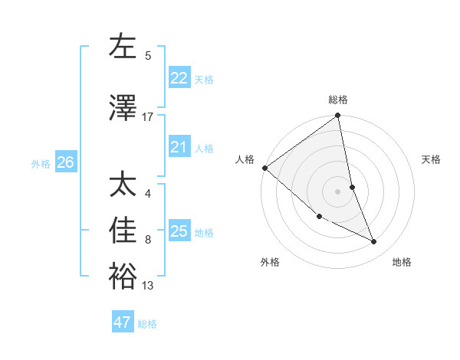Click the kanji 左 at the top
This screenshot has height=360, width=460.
pyautogui.click(x=123, y=47)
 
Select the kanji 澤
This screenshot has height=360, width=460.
pyautogui.click(x=123, y=109)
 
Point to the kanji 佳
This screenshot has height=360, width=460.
pyautogui.click(x=123, y=231)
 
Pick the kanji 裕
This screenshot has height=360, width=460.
pyautogui.click(x=123, y=277)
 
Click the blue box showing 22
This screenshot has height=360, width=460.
pyautogui.click(x=179, y=78)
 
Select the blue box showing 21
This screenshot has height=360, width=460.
pyautogui.click(x=179, y=147)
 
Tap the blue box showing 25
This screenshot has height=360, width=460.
pyautogui.click(x=179, y=231)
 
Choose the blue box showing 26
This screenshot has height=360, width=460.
pyautogui.click(x=65, y=162)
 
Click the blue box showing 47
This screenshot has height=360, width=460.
pyautogui.click(x=123, y=322)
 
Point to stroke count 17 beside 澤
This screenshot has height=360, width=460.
pyautogui.click(x=147, y=117)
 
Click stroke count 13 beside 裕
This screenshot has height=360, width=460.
pyautogui.click(x=147, y=286)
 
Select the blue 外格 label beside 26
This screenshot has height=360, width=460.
pyautogui.click(x=41, y=163)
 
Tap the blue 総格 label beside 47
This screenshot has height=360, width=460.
pyautogui.click(x=147, y=324)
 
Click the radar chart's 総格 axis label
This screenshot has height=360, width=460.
pyautogui.click(x=338, y=100)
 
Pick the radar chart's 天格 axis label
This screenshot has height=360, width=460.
pyautogui.click(x=432, y=159)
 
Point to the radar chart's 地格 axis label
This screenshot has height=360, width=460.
pyautogui.click(x=402, y=262)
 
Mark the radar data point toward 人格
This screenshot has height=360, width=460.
pyautogui.click(x=264, y=168)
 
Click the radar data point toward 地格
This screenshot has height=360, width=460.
pyautogui.click(x=374, y=241)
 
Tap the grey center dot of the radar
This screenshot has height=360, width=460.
pyautogui.click(x=338, y=191)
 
